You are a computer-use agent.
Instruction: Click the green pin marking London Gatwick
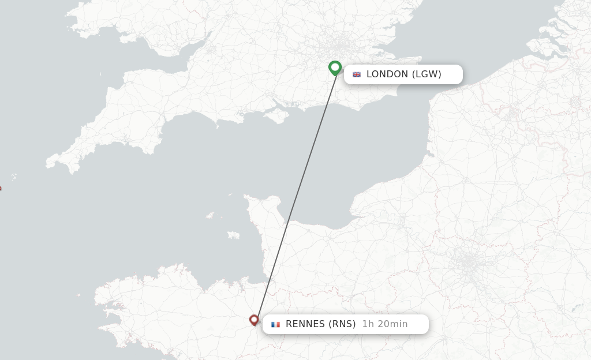click(335, 67)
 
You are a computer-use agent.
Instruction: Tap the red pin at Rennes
click(254, 320)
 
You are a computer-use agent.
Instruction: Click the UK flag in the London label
click(357, 74)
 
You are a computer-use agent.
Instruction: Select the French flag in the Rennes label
click(275, 324)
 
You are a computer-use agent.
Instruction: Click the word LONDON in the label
click(387, 74)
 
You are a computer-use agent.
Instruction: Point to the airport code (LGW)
click(427, 74)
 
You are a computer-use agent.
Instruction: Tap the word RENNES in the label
click(305, 324)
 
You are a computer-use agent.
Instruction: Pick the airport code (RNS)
click(342, 324)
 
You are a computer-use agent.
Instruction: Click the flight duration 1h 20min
click(385, 324)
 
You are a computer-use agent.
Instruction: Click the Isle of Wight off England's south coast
click(279, 115)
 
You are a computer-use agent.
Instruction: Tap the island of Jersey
click(233, 235)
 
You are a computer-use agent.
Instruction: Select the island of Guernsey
click(210, 216)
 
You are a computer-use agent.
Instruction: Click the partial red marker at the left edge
click(1, 188)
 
